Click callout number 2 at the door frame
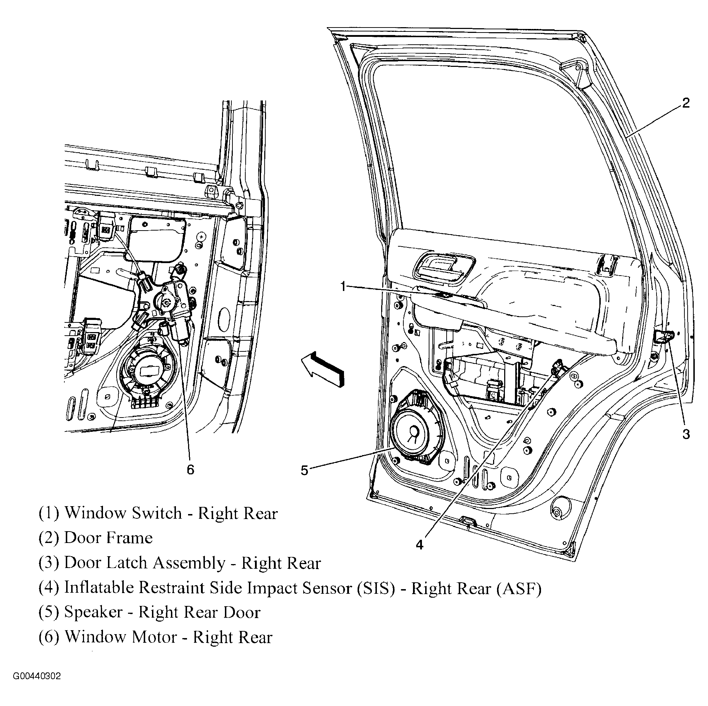685,103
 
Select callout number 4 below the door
419,545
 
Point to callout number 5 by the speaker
305,470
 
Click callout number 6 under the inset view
190,469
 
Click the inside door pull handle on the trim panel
444,267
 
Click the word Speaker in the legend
93,612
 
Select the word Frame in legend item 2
130,538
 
